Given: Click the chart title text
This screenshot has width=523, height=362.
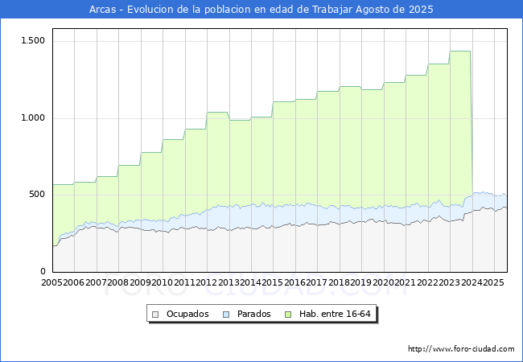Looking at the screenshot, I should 261,10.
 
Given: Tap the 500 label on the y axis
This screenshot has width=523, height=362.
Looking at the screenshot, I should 37,194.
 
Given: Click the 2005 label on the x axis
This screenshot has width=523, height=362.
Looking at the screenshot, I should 52,283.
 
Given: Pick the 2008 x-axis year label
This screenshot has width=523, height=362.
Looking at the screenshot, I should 118,283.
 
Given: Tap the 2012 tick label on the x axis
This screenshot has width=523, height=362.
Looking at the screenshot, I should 206,283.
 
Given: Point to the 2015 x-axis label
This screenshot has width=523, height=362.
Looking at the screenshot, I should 272,283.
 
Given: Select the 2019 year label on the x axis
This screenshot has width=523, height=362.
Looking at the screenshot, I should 360,283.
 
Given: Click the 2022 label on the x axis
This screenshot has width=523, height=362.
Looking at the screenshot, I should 426,283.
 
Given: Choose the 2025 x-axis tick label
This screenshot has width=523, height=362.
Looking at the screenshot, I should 492,283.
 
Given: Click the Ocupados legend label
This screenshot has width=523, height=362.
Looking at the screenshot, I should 187,314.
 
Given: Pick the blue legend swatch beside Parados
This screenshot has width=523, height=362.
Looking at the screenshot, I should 227,314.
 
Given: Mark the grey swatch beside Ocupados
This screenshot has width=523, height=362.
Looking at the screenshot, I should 156,314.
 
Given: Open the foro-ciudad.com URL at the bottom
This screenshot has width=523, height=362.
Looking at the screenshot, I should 461,349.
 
